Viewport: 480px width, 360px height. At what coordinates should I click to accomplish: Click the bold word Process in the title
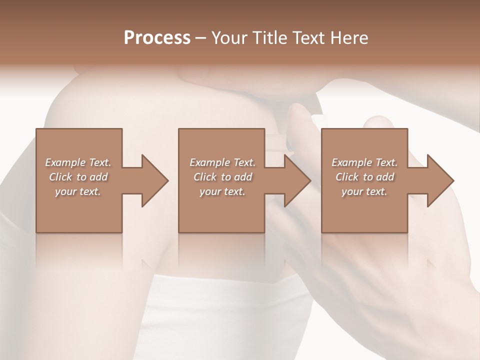[157, 38]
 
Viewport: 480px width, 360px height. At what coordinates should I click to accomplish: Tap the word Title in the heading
[268, 38]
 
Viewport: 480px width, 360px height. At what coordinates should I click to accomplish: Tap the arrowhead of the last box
[439, 180]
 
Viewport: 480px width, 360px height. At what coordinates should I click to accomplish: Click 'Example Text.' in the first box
[78, 162]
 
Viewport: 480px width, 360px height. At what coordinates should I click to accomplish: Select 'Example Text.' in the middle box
[222, 162]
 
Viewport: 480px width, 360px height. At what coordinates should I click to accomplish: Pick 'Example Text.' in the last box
[364, 162]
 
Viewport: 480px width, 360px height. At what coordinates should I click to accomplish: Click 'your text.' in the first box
[78, 191]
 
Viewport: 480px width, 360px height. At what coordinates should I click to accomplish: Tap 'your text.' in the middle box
[222, 191]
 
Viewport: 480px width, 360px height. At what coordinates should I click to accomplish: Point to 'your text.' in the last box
[364, 191]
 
